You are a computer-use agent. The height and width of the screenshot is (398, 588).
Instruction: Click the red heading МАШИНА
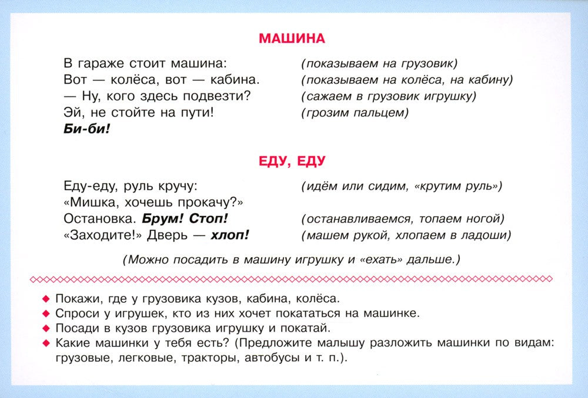292,39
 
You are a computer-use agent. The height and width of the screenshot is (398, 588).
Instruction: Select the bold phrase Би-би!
86,129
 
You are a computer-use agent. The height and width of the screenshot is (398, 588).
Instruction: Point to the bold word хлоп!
229,235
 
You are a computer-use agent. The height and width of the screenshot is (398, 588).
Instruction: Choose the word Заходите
99,235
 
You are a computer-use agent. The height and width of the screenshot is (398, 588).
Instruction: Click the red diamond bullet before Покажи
46,298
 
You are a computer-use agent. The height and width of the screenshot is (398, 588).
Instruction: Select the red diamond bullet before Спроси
46,313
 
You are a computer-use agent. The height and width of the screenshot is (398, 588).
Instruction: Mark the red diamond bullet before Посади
46,328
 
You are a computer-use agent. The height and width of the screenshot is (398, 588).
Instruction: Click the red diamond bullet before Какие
46,342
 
